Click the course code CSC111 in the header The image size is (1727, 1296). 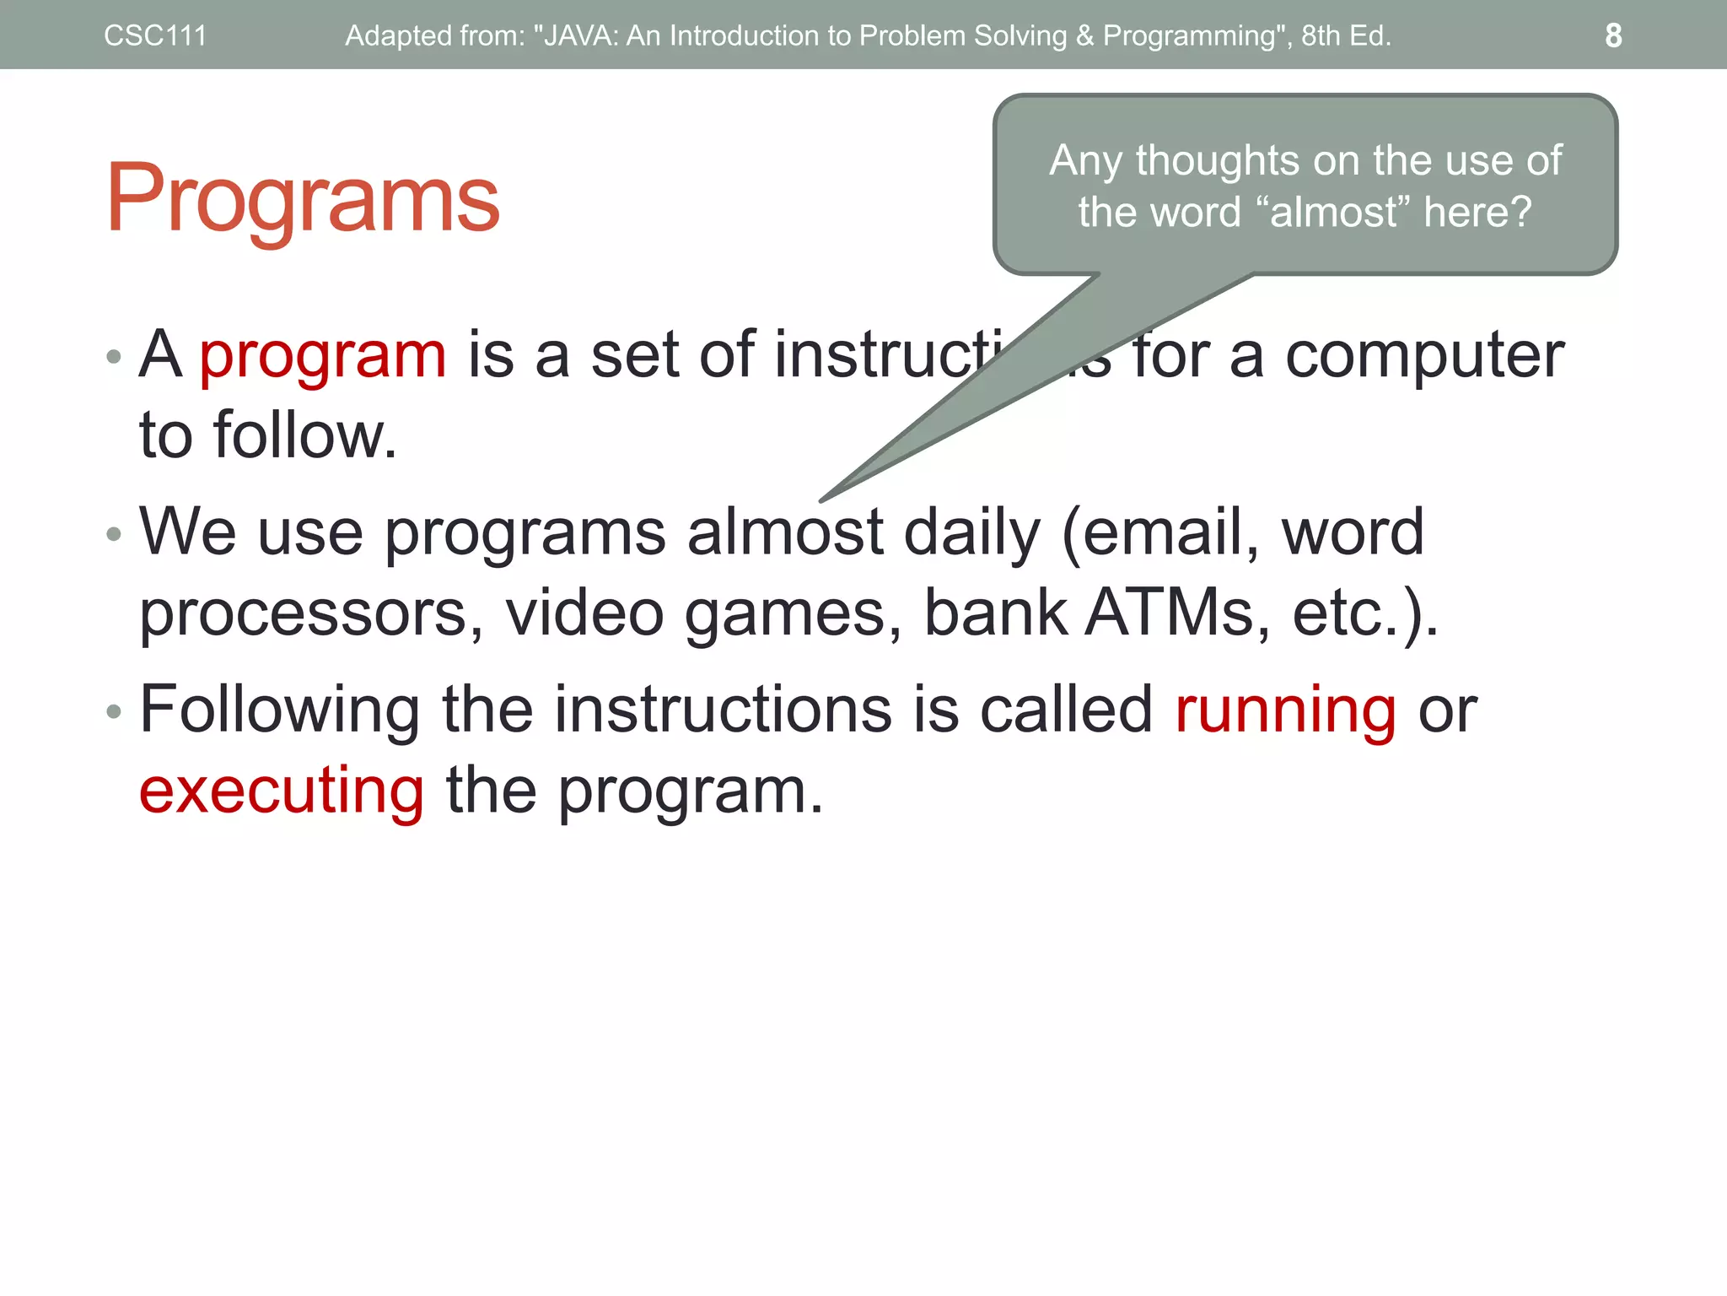point(155,35)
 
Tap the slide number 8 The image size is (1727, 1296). point(1612,35)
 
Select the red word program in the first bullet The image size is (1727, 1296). point(323,356)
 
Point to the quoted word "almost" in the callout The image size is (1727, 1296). point(1332,211)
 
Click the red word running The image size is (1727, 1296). point(1285,710)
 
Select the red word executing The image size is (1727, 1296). point(282,791)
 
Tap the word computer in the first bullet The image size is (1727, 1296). point(1424,356)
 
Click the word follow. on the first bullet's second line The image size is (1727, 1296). point(304,435)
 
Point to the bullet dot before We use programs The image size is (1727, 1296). point(114,534)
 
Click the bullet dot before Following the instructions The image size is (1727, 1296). point(114,712)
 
